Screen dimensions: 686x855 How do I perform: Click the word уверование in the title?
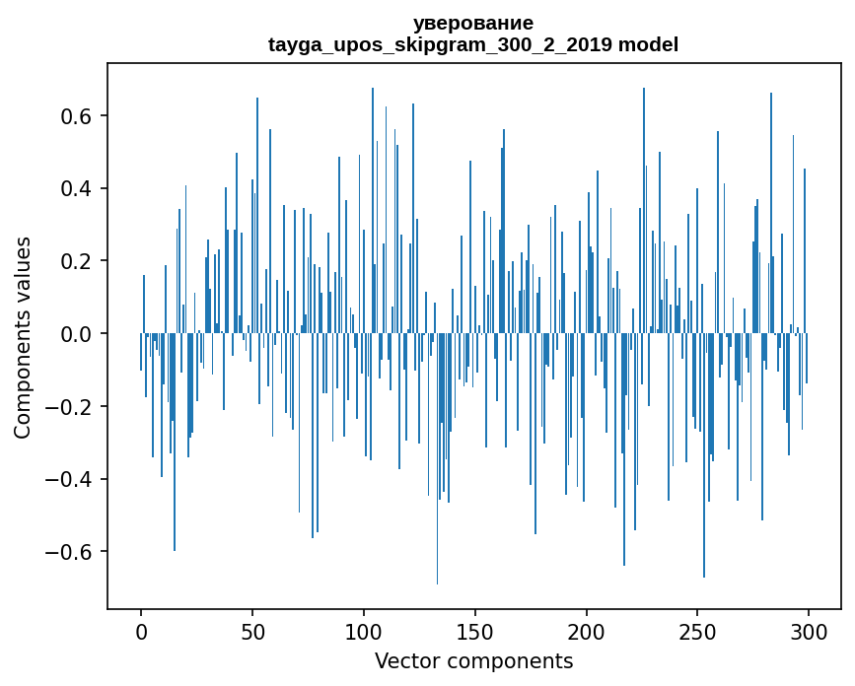[x=473, y=23]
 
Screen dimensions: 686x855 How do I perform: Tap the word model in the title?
[x=649, y=45]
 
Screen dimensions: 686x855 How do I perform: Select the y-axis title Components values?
[x=23, y=337]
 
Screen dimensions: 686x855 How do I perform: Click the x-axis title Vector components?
[x=473, y=660]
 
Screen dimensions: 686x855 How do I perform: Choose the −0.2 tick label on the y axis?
[x=70, y=407]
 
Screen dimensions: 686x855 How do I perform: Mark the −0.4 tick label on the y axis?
[x=70, y=479]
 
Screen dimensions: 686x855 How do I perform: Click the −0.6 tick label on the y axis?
[x=70, y=552]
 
